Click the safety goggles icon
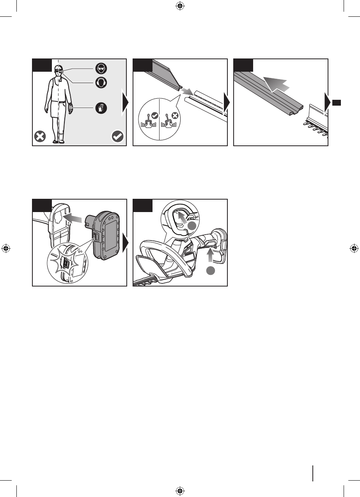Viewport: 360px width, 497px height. pos(101,68)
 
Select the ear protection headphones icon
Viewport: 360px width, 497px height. pos(101,83)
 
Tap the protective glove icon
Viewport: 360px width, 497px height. pos(101,107)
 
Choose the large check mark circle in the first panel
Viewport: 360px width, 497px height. pos(117,136)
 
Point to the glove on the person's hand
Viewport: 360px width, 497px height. pos(70,108)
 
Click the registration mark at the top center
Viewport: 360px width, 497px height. pos(180,5)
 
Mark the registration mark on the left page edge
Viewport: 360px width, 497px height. pos(5,248)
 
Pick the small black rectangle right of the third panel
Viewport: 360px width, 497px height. pos(337,102)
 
